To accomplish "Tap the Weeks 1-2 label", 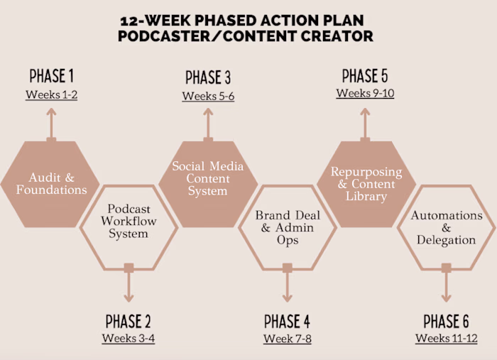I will tap(51, 94).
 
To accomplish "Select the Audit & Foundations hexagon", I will tap(51, 183).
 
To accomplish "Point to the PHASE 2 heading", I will tap(129, 321).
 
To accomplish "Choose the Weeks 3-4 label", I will tap(129, 338).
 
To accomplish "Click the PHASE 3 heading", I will tap(208, 77).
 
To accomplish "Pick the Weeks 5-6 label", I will tap(208, 96).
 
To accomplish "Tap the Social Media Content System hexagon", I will tap(208, 178).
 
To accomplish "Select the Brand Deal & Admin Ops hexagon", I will tap(288, 228).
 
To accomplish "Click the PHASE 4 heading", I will tap(288, 321).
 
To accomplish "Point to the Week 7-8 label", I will tap(288, 339).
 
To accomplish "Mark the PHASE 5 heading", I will tap(365, 76).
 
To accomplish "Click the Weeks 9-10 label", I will tap(365, 94).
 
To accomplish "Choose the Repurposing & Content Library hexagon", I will tap(366, 184).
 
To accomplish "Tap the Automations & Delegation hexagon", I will tap(447, 228).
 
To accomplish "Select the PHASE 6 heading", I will tap(447, 321).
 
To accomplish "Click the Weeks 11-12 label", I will tap(447, 338).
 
